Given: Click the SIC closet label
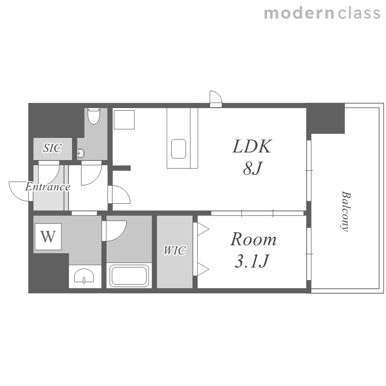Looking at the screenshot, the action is pos(52,148).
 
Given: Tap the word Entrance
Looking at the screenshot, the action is pos(48,187).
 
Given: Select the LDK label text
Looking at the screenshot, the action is pos(252,146).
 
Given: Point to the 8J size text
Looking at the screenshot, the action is pos(253,168).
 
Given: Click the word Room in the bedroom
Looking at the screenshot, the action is pos(253,239).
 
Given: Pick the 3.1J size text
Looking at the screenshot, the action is pos(252,261).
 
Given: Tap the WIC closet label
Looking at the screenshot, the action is pos(174,251).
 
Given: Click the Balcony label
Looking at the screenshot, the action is pos(346,211).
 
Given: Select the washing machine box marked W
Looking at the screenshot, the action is pos(48,237).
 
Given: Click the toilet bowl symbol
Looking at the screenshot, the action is pos(94,116).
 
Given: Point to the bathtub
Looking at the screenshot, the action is pos(129,275).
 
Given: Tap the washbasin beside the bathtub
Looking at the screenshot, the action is pos(84,275).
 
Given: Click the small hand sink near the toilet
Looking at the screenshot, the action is pos(81,153).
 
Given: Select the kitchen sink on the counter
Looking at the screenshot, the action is pos(179,149).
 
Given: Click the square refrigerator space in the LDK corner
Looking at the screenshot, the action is pos(124,119).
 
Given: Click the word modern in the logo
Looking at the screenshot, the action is pos(299,13).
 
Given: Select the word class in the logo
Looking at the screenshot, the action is pos(359,13).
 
